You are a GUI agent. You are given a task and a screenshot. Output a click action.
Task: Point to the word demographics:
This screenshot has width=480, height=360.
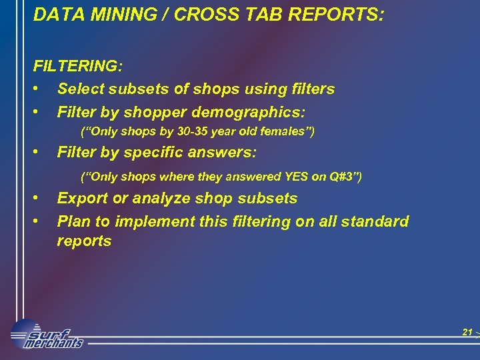[x=254, y=111]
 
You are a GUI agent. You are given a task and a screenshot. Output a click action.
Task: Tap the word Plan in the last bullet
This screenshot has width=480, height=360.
[x=73, y=221]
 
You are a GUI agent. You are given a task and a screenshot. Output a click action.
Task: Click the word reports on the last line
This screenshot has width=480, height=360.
[x=84, y=241]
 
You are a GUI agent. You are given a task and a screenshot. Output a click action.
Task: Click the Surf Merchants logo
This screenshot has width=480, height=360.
[x=47, y=334]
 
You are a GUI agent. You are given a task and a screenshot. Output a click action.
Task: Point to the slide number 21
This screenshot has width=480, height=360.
[x=467, y=332]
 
